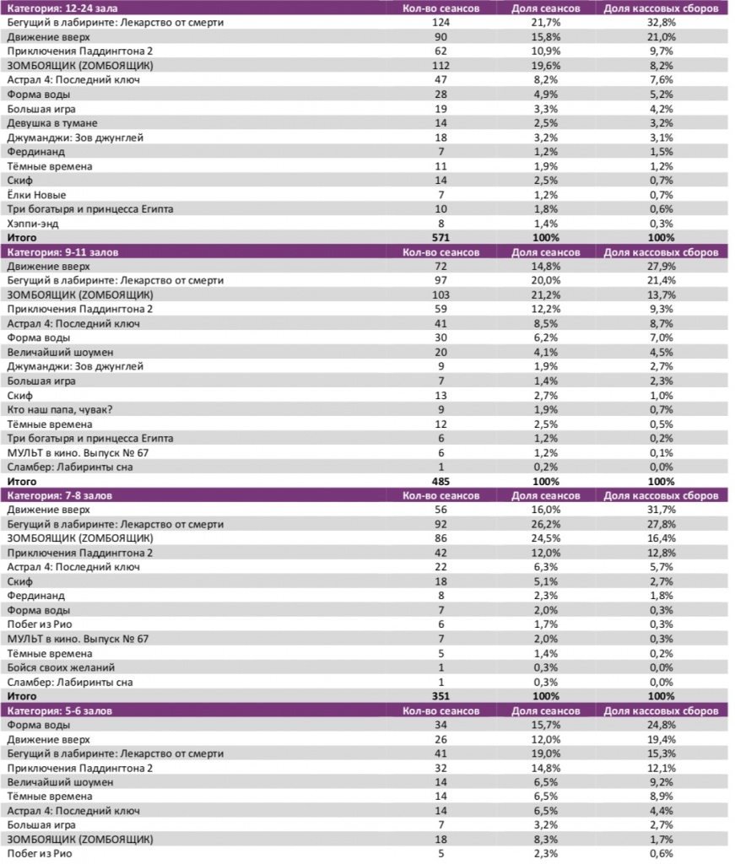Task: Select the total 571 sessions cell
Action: pos(440,238)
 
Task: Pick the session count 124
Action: pos(440,23)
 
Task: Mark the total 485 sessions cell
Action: pos(440,481)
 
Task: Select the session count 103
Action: pos(440,294)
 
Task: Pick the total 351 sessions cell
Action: pos(440,696)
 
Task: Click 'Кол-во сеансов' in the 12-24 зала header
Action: pos(440,8)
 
